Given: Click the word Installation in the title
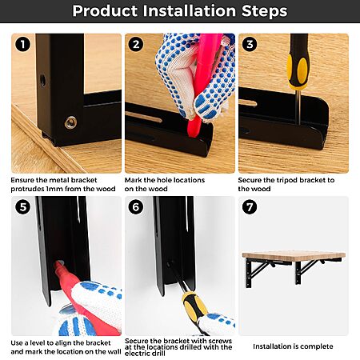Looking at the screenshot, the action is [190, 11].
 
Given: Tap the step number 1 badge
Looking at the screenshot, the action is [22, 44].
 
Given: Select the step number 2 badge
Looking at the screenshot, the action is [136, 44].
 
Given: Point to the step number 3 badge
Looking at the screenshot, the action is [250, 44].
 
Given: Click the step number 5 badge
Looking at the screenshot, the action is [23, 207].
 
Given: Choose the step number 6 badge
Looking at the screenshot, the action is [136, 207].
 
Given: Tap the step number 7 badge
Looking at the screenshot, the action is [250, 207].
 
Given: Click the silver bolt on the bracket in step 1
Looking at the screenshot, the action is [71, 122].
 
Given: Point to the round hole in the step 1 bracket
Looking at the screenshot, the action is [42, 81].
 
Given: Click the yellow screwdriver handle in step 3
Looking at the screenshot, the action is [298, 62].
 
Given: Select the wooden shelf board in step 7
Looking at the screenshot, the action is [294, 255].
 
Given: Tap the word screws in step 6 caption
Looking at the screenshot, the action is [220, 341].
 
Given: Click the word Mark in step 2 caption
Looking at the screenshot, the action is [133, 180].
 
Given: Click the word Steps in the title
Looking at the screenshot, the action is [264, 11].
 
